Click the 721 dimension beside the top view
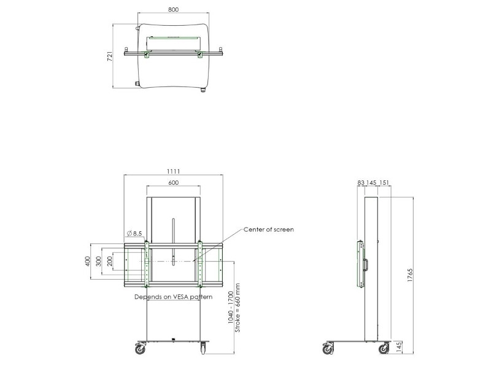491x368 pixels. (x=110, y=56)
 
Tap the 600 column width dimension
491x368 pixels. (x=172, y=182)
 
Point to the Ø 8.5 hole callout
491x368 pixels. (x=134, y=233)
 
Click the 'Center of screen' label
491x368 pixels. (x=269, y=229)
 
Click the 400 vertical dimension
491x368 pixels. (x=87, y=263)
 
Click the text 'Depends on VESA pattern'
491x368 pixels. (x=173, y=297)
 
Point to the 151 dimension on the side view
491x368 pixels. (x=384, y=182)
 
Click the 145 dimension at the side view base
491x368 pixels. (x=400, y=348)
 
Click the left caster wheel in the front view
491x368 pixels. (x=141, y=349)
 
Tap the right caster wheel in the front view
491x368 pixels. (x=203, y=349)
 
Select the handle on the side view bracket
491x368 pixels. (x=365, y=264)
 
